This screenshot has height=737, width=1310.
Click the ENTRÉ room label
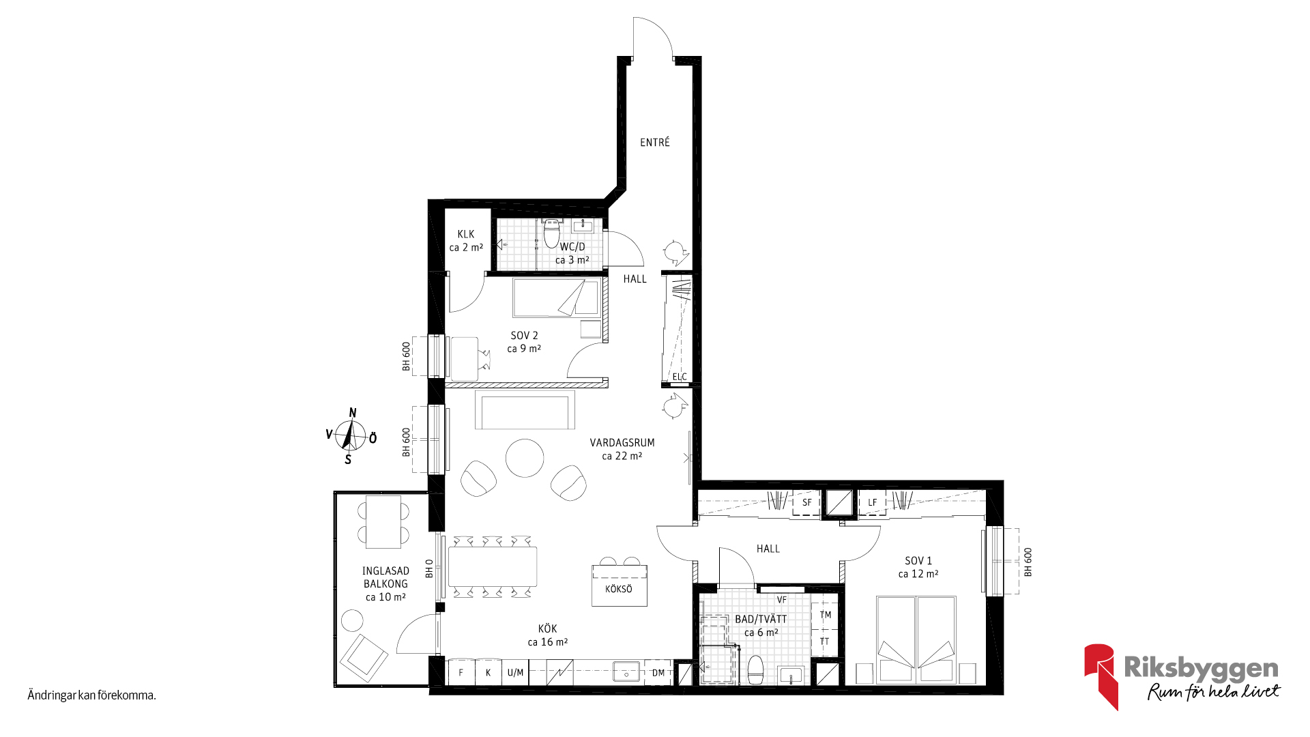[654, 143]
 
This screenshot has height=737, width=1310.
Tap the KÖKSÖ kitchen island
[619, 586]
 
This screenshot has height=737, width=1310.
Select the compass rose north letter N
[353, 413]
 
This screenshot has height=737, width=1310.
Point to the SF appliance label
[806, 503]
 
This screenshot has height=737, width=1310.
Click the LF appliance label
[872, 503]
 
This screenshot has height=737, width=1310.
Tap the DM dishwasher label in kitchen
[658, 673]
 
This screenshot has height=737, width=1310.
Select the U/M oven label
[515, 673]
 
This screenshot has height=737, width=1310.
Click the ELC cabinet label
[680, 377]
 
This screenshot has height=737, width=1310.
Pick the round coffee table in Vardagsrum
[525, 458]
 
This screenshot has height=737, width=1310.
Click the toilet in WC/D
[551, 234]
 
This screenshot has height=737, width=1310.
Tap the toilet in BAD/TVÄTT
[755, 670]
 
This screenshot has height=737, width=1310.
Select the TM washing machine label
[825, 615]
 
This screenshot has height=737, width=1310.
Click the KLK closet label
[466, 234]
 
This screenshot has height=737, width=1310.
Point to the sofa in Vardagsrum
[525, 410]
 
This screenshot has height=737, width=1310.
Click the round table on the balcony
[353, 620]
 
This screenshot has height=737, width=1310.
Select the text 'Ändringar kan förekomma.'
[91, 695]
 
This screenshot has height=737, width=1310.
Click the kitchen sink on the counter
[626, 672]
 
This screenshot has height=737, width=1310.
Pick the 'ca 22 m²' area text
[622, 456]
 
